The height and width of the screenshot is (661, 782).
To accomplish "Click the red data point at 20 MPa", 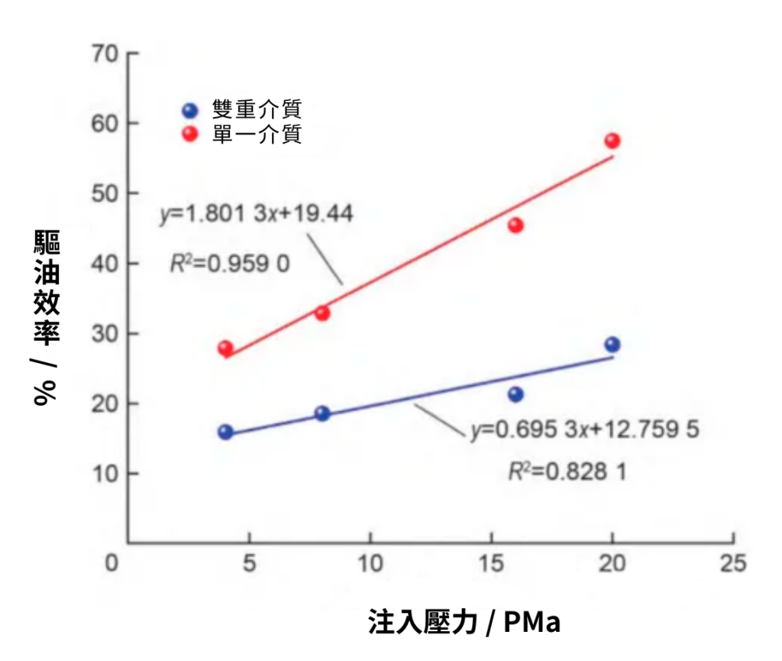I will [x=612, y=141].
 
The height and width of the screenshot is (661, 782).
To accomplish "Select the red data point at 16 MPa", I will [x=515, y=225].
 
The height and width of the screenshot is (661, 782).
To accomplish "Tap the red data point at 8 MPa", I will [x=322, y=313].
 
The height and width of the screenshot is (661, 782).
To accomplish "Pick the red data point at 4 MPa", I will [x=225, y=348].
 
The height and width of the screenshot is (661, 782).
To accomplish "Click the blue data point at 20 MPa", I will [x=612, y=345].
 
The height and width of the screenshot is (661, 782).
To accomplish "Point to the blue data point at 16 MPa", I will [x=515, y=394].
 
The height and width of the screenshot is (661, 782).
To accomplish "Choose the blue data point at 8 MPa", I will [x=322, y=413].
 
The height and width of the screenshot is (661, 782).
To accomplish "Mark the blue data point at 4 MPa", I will [x=225, y=432].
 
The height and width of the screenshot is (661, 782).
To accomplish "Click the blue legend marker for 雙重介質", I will [x=191, y=109].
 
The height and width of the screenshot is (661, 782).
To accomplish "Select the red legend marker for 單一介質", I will [x=191, y=134].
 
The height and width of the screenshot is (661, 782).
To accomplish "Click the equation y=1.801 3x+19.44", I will [x=256, y=215].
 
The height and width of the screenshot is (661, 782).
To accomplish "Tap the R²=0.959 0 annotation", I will [x=228, y=264].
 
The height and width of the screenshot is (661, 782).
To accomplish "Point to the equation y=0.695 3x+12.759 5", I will [x=584, y=430].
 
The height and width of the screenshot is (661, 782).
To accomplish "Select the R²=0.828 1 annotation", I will [x=567, y=471].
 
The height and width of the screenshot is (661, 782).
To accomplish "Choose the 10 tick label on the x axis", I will [x=370, y=565].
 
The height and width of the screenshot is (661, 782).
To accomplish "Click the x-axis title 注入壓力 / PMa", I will [x=464, y=622].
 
